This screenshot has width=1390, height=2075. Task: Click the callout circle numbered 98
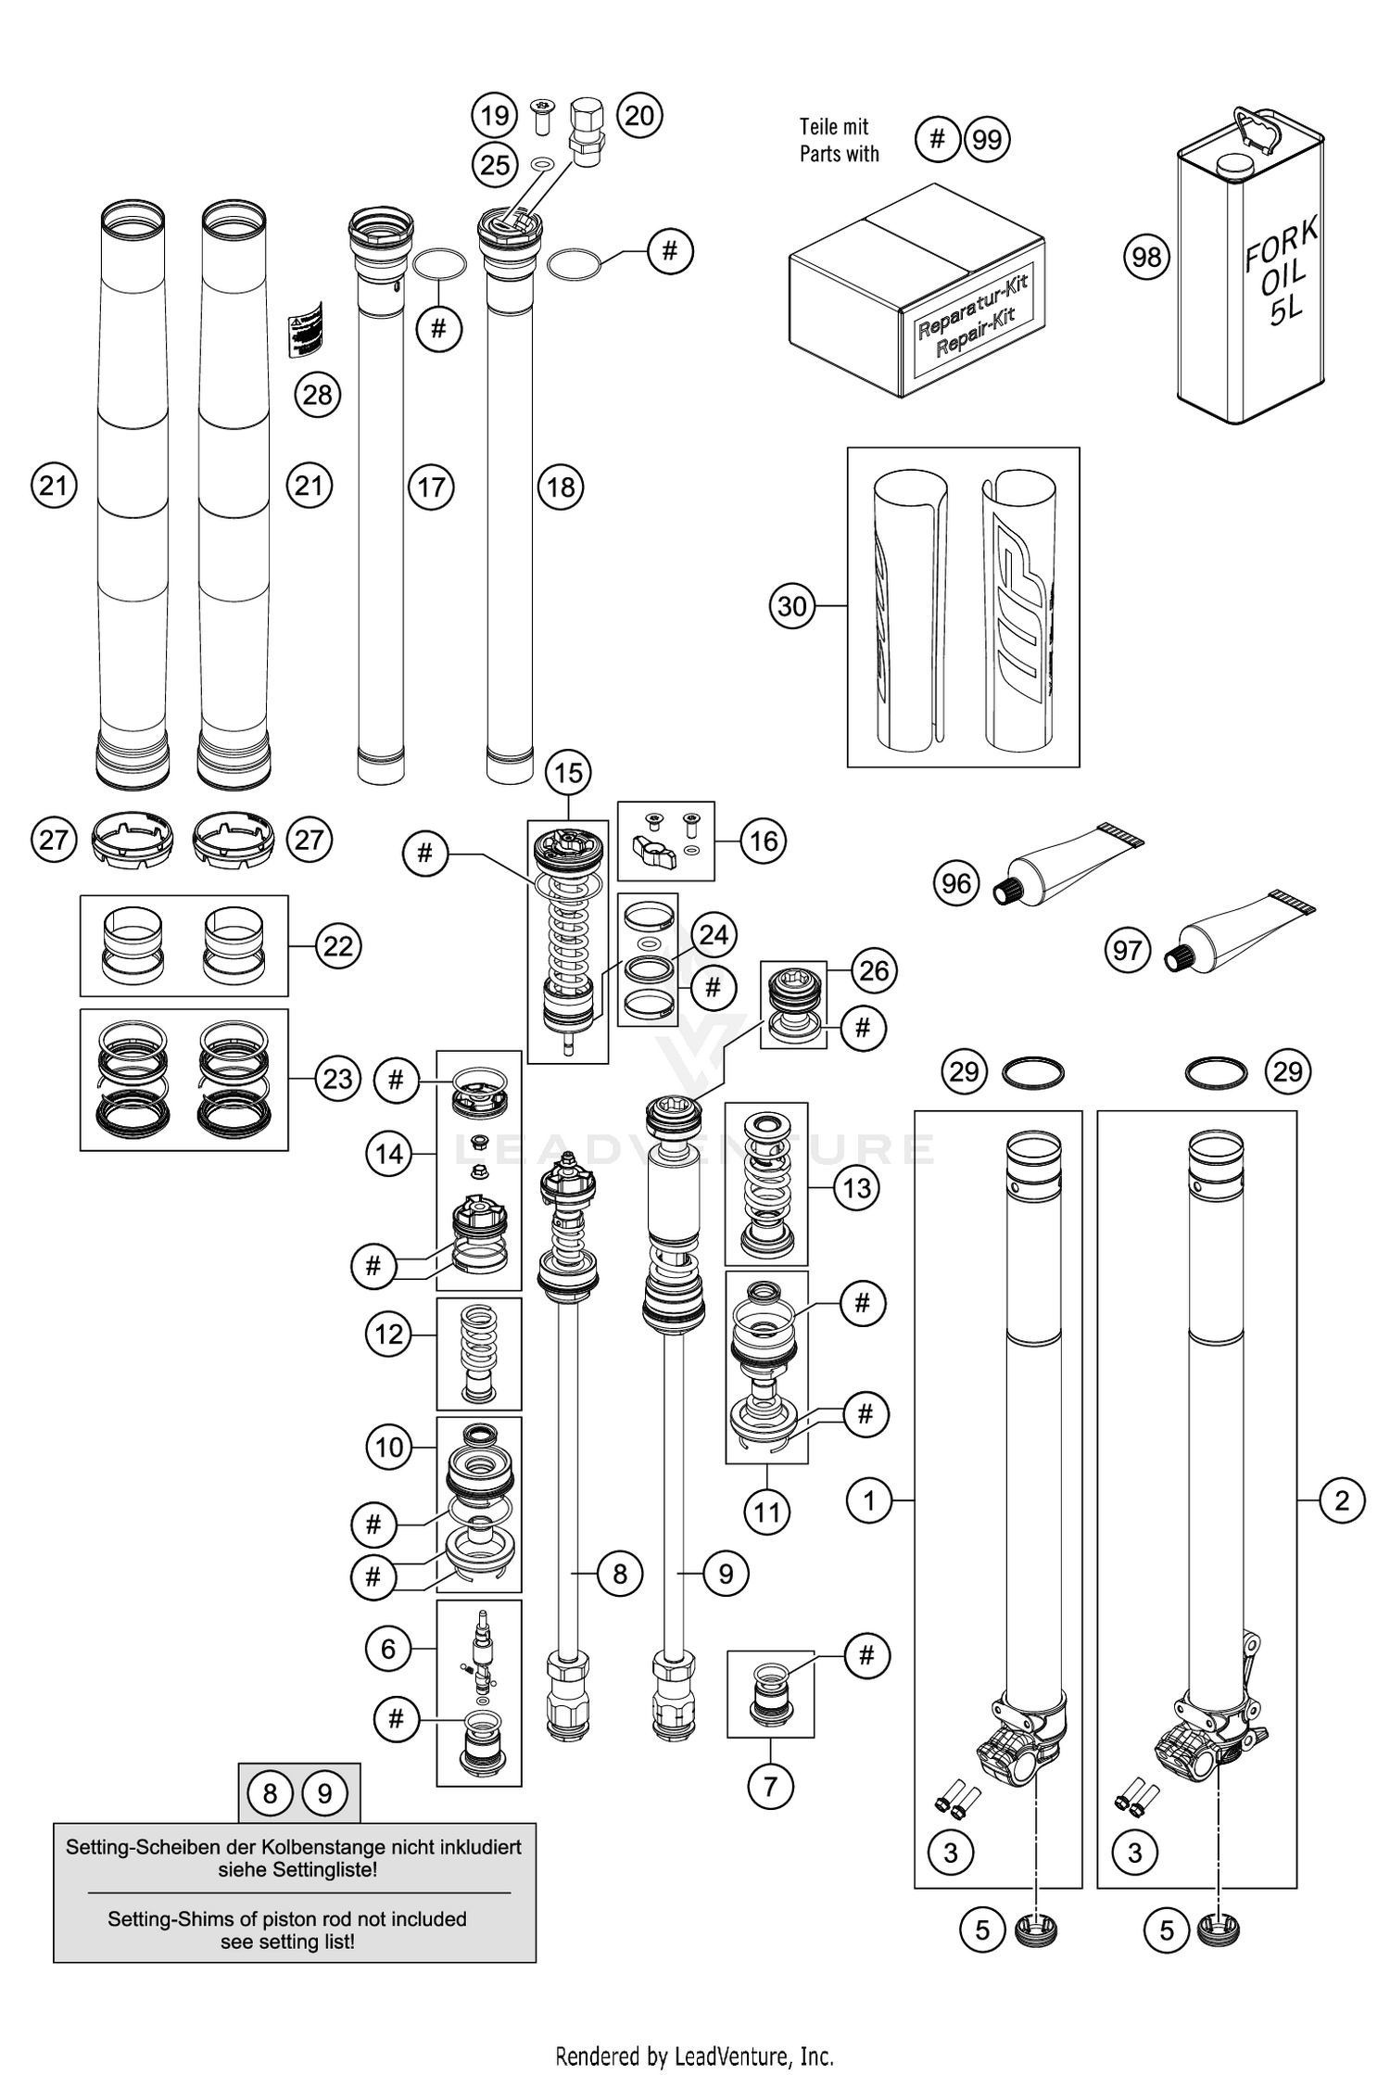[1146, 257]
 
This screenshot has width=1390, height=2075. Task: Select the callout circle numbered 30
[792, 606]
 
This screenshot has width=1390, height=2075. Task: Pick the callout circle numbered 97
[1127, 951]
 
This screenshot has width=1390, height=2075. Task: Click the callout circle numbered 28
[317, 395]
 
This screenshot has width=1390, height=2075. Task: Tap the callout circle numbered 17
[431, 487]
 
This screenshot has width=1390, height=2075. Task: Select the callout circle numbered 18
[561, 487]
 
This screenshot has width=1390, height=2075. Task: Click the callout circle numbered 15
[568, 772]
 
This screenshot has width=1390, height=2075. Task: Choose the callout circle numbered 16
[763, 841]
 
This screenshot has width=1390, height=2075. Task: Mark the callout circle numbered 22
[338, 946]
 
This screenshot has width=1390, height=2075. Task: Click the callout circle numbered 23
[338, 1079]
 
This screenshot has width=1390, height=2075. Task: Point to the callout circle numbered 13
[857, 1187]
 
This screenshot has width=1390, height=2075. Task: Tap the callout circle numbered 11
[766, 1512]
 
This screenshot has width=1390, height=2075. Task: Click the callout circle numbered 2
[1342, 1499]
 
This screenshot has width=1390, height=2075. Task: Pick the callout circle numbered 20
[639, 116]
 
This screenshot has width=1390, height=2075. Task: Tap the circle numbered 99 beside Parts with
[987, 140]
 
